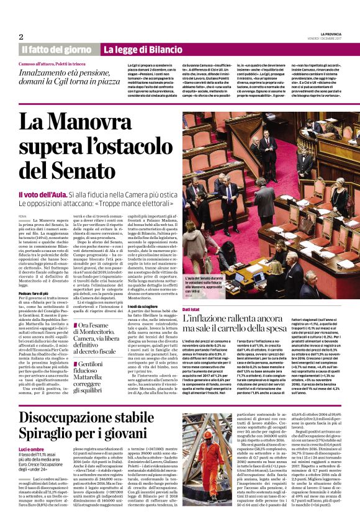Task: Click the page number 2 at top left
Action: pyautogui.click(x=21, y=37)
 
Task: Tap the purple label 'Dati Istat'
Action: pyautogui.click(x=192, y=308)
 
